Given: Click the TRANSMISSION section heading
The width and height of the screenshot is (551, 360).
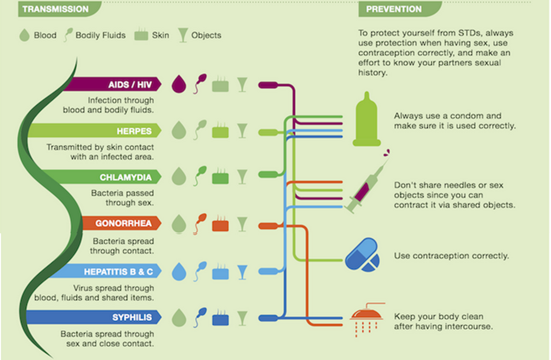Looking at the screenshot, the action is (x=56, y=9).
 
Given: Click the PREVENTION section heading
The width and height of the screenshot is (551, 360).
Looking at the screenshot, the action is (x=394, y=9).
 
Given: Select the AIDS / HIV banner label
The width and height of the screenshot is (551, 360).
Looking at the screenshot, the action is (x=130, y=85).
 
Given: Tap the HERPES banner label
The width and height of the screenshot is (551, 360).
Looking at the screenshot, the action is (x=134, y=131).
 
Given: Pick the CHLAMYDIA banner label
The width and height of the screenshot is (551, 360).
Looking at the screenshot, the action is (x=126, y=177).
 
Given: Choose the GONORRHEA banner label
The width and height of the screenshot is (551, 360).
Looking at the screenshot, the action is (x=123, y=223).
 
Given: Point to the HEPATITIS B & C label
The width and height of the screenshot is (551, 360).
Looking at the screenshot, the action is (x=118, y=272).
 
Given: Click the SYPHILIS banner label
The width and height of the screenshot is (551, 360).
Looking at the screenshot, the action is (x=132, y=317).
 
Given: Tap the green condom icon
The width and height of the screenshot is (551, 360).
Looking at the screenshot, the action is (x=367, y=119).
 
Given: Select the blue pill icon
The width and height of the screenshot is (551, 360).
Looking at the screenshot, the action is (x=362, y=254).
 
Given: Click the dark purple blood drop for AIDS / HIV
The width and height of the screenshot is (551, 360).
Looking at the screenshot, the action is (x=178, y=84).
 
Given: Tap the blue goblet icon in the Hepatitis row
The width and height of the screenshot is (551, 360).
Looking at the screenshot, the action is (x=242, y=272).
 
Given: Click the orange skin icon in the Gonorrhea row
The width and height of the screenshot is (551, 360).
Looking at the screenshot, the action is (x=220, y=224).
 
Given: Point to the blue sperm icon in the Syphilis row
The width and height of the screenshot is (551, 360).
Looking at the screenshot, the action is (x=200, y=317).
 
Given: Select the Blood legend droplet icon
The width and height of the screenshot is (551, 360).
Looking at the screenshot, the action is (x=24, y=35).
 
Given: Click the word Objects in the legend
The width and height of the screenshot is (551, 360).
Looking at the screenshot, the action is (x=206, y=35).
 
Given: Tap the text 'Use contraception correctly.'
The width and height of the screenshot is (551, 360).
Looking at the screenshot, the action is (x=452, y=256).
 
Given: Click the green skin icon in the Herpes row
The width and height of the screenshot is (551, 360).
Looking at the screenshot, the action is (x=220, y=131).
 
